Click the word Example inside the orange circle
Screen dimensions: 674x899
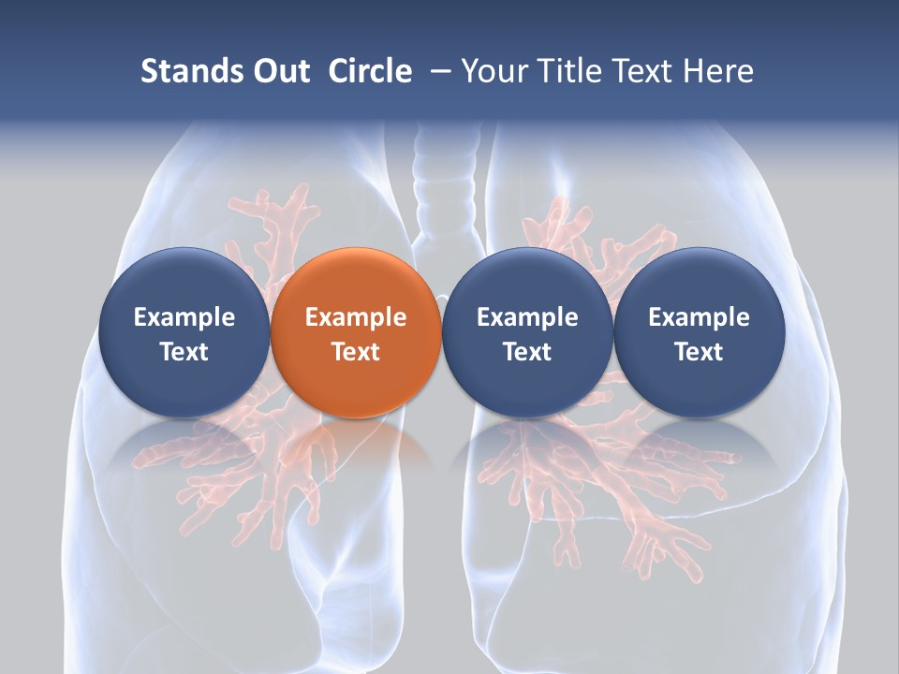pos(356,317)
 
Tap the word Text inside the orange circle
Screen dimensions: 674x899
pos(356,352)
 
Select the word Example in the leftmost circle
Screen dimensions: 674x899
pos(184,317)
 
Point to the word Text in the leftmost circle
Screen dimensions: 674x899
pos(184,352)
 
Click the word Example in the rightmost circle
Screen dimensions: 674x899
pos(699,317)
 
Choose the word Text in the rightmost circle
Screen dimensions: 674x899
pos(699,352)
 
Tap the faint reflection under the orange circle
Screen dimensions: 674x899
pos(356,446)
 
